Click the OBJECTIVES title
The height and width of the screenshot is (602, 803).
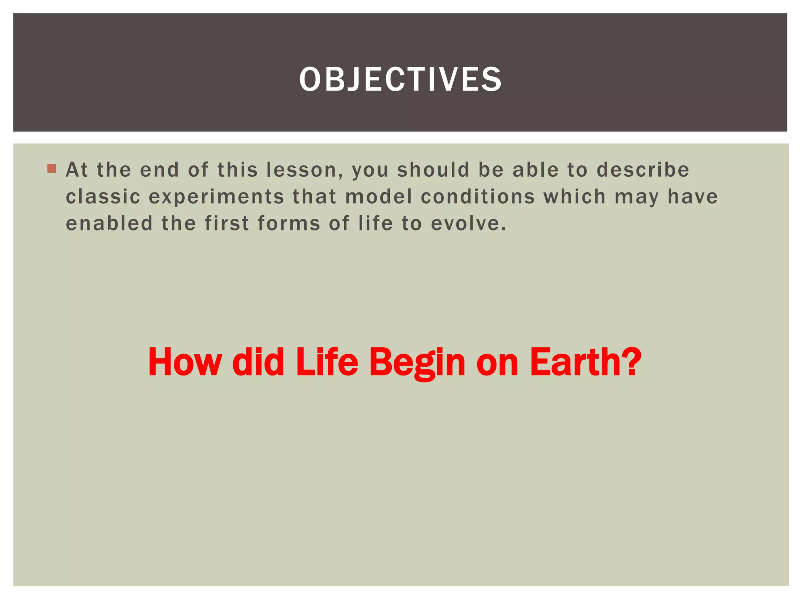pyautogui.click(x=400, y=80)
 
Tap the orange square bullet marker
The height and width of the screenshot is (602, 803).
pyautogui.click(x=51, y=169)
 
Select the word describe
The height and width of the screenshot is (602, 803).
pyautogui.click(x=643, y=170)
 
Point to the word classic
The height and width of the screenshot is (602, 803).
pyautogui.click(x=103, y=197)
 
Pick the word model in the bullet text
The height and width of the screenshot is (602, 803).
pyautogui.click(x=379, y=197)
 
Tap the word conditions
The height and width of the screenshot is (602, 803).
pyautogui.click(x=478, y=197)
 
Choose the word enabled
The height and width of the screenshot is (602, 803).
pyautogui.click(x=109, y=224)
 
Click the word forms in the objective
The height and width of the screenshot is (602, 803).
pyautogui.click(x=289, y=224)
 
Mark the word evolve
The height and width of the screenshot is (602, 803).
pyautogui.click(x=468, y=224)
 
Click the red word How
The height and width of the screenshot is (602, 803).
pyautogui.click(x=185, y=362)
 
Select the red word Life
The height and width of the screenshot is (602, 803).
pyautogui.click(x=327, y=362)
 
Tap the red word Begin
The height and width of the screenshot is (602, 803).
pyautogui.click(x=417, y=363)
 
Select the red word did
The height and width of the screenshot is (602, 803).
pyautogui.click(x=258, y=362)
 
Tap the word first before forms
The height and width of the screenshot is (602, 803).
pyautogui.click(x=227, y=224)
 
